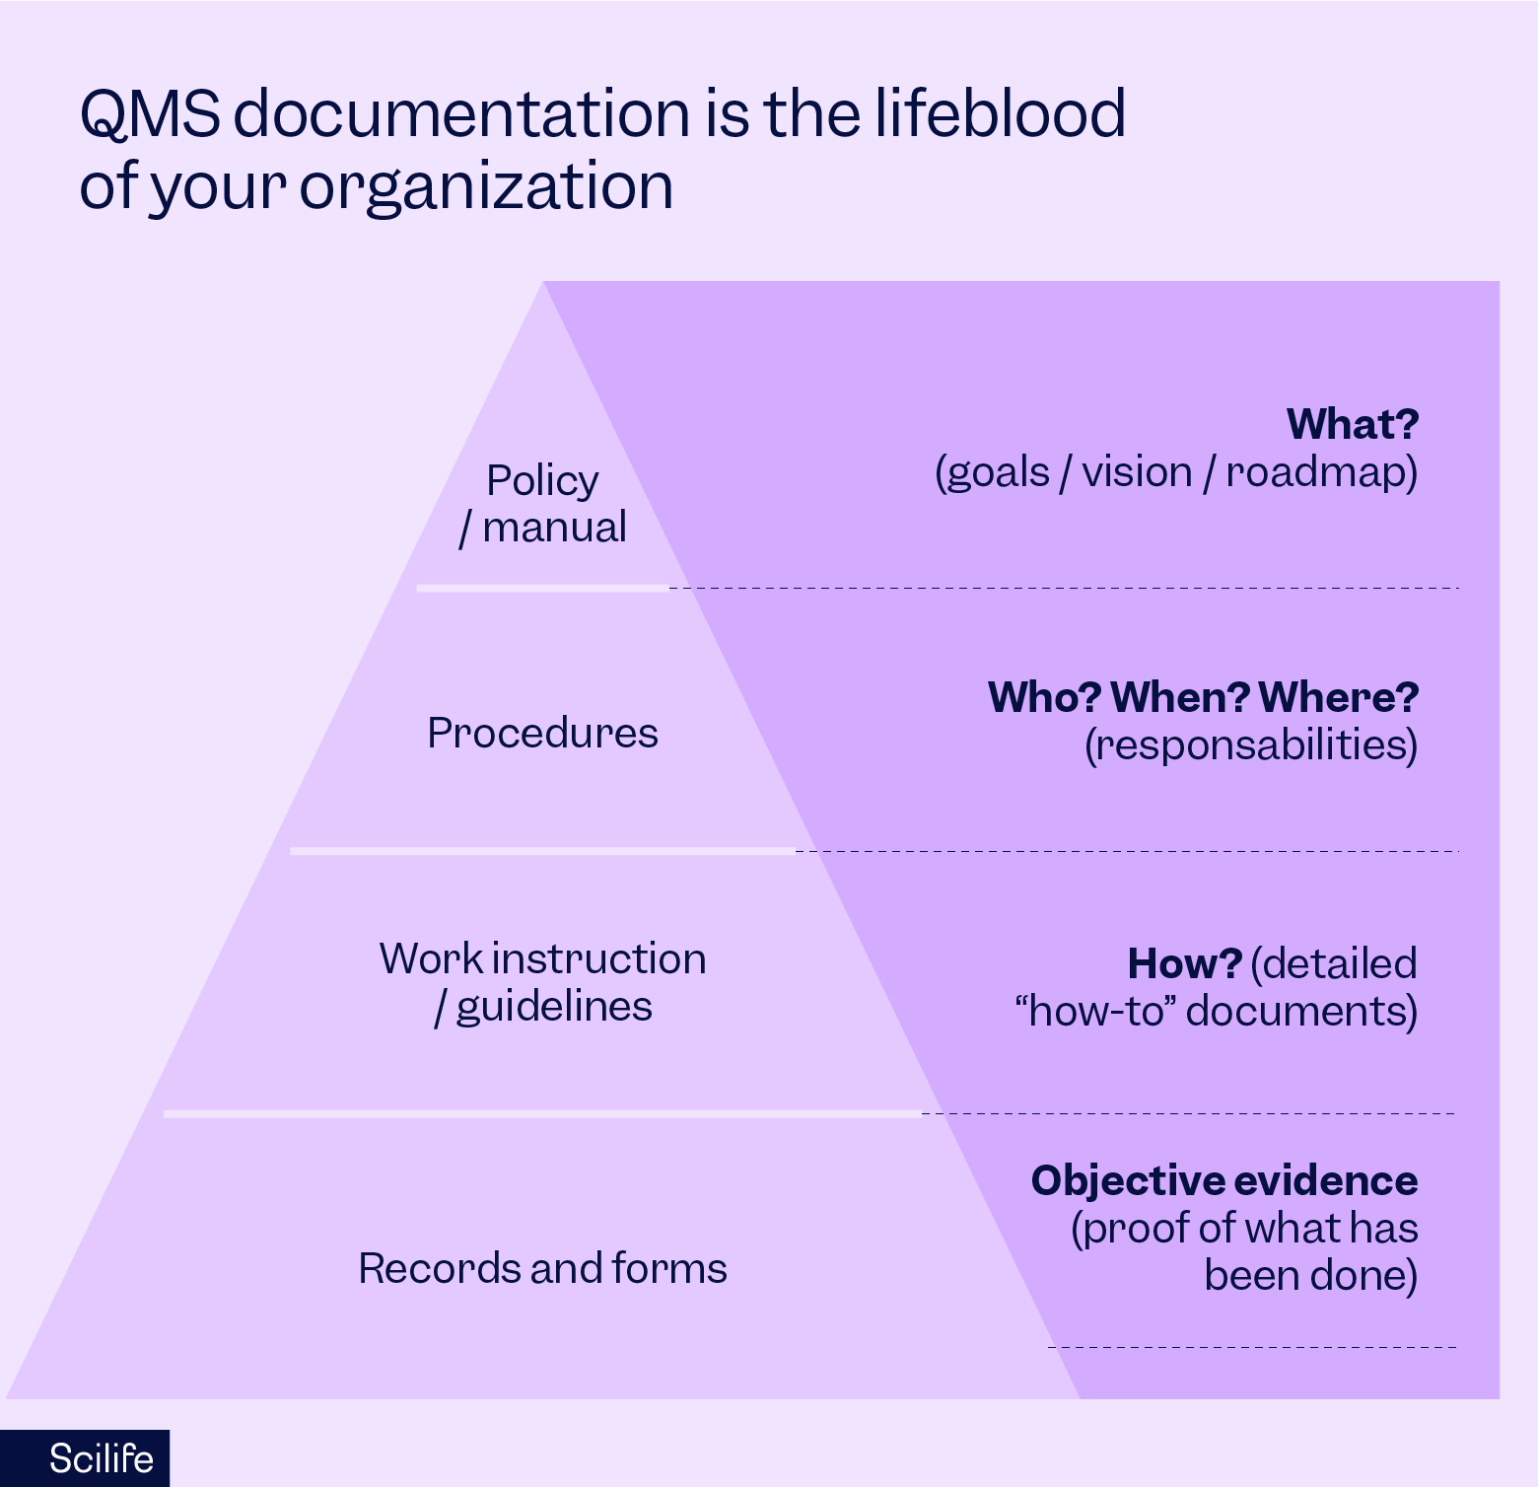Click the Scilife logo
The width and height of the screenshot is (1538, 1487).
click(x=101, y=1458)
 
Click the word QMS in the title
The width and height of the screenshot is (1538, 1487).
click(x=150, y=113)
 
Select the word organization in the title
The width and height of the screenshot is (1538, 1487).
click(x=486, y=186)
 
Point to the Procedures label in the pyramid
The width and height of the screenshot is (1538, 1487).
click(x=542, y=733)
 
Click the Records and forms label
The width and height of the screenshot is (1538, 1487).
click(x=542, y=1268)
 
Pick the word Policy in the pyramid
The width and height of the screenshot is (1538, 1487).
click(x=542, y=481)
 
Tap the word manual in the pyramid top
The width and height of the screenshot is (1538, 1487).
click(x=554, y=528)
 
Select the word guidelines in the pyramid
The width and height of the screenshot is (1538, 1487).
click(x=554, y=1007)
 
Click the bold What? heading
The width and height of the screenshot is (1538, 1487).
click(x=1353, y=424)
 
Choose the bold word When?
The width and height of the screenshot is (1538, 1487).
click(x=1180, y=697)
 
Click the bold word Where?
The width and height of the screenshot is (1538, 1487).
click(x=1339, y=697)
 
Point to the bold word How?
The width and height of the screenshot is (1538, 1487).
click(x=1184, y=963)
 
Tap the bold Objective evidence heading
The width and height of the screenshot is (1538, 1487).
click(x=1224, y=1180)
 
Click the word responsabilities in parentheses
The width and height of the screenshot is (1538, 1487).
click(x=1251, y=745)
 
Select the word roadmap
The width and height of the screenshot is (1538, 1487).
click(x=1321, y=472)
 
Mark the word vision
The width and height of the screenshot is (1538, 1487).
click(x=1137, y=471)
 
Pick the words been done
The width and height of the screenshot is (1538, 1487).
click(x=1310, y=1275)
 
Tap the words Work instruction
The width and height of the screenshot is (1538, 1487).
click(x=542, y=958)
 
